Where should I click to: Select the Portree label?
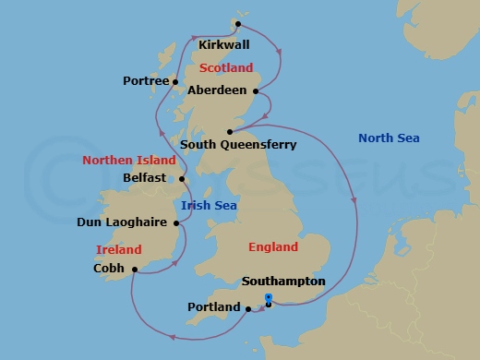coord(146,81)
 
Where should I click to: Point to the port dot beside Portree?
coord(175,82)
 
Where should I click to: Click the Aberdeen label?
coord(217,90)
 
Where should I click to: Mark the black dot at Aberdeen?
coord(254,90)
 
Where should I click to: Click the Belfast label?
coord(146,178)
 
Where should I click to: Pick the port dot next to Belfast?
coord(182,179)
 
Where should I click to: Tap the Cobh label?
coord(110,270)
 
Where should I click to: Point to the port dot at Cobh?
coord(135,270)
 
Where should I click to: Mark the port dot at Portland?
coord(249,308)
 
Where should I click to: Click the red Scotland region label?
coord(226,67)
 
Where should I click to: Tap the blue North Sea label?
coord(388,138)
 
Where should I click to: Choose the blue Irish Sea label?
coord(209,206)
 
